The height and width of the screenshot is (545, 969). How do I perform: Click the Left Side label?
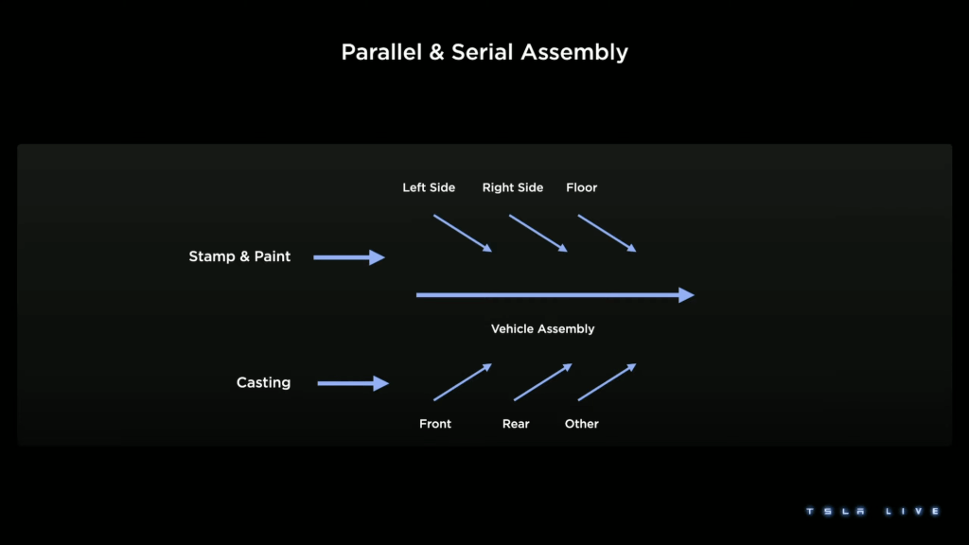click(x=429, y=187)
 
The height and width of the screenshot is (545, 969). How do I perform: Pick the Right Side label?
click(x=513, y=187)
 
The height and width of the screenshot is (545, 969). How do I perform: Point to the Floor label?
click(x=582, y=187)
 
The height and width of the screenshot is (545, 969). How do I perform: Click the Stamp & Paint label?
click(x=239, y=256)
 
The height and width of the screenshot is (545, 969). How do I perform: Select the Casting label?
click(x=263, y=383)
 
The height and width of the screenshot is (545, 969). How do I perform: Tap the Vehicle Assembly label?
click(x=543, y=329)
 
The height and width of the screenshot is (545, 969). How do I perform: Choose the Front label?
click(x=435, y=424)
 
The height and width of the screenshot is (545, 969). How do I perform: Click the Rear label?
click(x=516, y=424)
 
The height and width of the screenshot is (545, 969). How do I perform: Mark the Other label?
click(x=582, y=424)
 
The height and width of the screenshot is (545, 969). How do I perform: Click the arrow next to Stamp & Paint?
click(x=348, y=257)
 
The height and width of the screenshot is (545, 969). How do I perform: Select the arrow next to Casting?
click(x=352, y=383)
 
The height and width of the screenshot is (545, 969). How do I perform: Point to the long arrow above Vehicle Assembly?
click(x=555, y=295)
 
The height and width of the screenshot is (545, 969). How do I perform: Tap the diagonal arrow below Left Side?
click(x=463, y=233)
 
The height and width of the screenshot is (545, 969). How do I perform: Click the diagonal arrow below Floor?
click(x=607, y=233)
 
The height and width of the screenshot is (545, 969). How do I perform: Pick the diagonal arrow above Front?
click(x=463, y=382)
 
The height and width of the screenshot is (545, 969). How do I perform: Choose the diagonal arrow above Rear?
click(x=543, y=382)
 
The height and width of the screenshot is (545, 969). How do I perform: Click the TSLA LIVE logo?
click(x=872, y=511)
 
